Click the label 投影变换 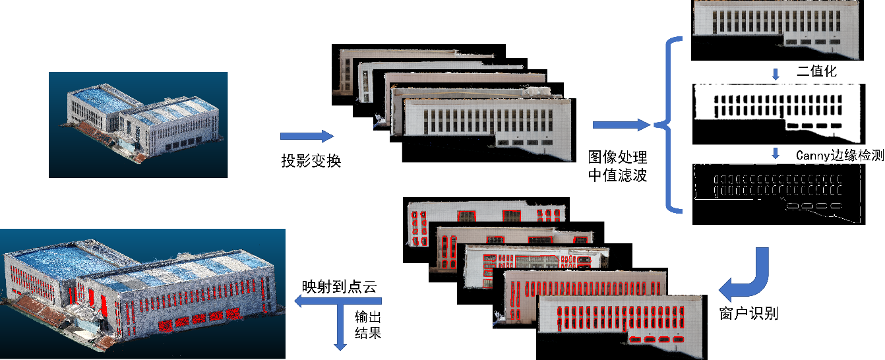(311, 160)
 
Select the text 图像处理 (617, 158)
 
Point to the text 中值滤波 (617, 175)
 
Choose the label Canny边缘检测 (839, 156)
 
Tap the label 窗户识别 (748, 313)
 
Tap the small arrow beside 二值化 (776, 73)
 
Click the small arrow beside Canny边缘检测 (776, 154)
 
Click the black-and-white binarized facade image (778, 113)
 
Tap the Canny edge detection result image (778, 194)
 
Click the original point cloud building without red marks (138, 125)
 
